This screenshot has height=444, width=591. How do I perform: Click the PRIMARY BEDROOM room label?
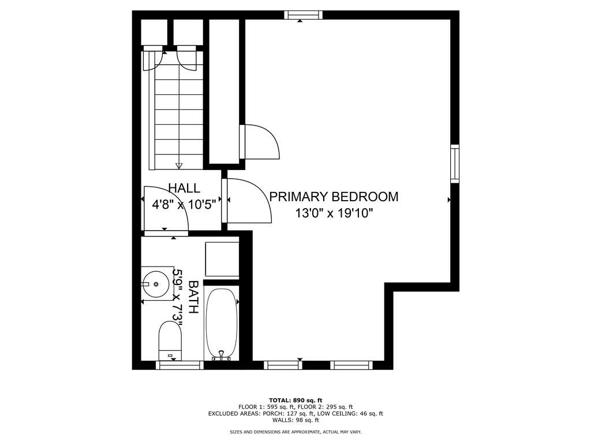click(x=334, y=197)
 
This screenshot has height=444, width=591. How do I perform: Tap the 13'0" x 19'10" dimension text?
click(x=334, y=213)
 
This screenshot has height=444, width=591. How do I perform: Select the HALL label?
click(x=184, y=188)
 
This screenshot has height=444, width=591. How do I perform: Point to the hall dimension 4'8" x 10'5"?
click(x=184, y=203)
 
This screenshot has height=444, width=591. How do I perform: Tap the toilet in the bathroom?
click(x=170, y=341)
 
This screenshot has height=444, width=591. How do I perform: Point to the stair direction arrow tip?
click(x=179, y=166)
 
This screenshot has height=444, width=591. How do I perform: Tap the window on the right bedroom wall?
click(x=455, y=164)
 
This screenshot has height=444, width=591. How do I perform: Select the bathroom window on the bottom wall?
click(x=179, y=365)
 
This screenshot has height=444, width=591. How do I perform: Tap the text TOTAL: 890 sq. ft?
click(x=295, y=400)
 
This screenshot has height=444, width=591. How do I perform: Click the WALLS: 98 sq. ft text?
click(x=295, y=420)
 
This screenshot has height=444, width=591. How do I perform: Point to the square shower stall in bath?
click(x=222, y=259)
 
